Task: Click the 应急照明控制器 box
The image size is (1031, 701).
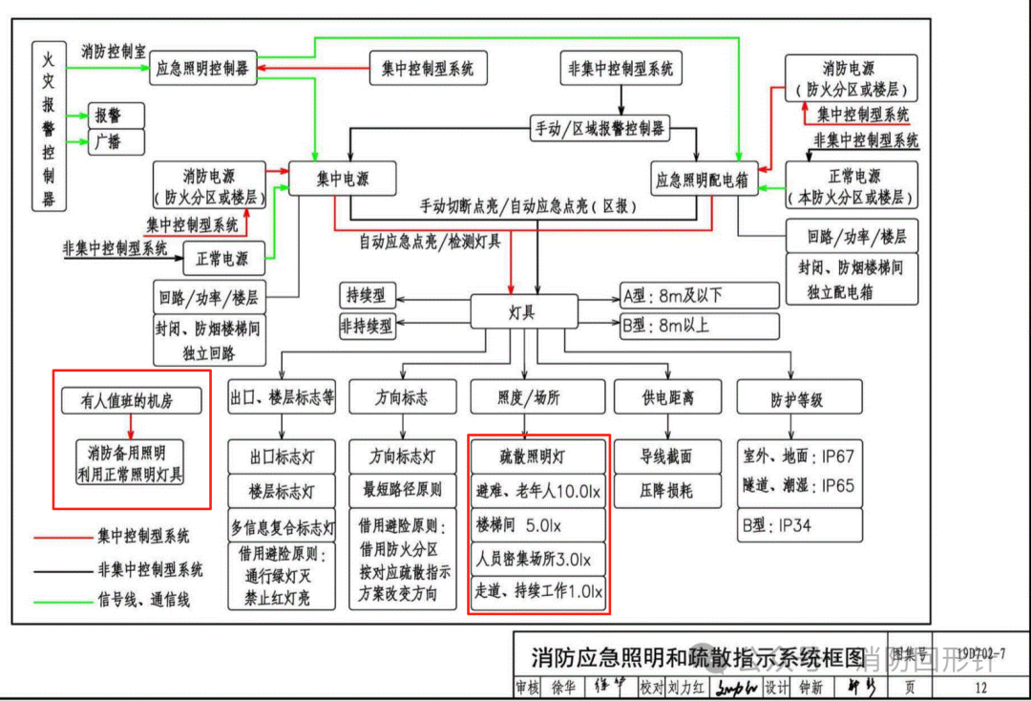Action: [203, 69]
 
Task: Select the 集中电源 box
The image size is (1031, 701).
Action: [343, 179]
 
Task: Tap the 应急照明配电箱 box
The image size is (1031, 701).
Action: [702, 179]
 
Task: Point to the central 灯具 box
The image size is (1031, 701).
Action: [523, 312]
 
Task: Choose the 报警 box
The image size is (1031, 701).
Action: [116, 116]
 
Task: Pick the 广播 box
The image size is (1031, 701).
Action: [116, 142]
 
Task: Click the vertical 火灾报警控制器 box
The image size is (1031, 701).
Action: [49, 129]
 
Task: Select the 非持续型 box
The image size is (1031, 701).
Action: [367, 326]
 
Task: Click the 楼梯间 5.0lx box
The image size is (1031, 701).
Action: [537, 524]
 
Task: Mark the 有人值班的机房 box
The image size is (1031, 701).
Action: [129, 402]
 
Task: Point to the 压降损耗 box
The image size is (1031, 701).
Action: [665, 491]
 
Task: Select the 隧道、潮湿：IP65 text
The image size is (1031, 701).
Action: [799, 486]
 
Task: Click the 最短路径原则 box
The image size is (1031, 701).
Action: [402, 491]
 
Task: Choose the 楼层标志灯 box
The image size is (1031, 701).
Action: [283, 491]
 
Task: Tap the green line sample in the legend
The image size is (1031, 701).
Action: [61, 601]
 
